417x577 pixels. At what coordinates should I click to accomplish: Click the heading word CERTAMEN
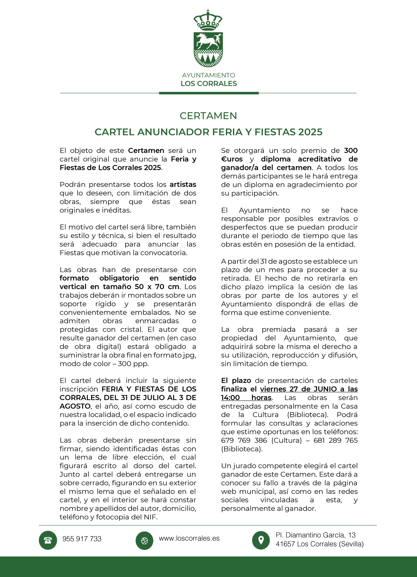tap(208, 116)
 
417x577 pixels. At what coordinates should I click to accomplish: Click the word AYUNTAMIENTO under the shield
tap(208, 75)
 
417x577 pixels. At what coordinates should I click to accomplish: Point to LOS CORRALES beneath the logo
tap(208, 84)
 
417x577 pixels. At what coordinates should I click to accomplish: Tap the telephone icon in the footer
tap(48, 540)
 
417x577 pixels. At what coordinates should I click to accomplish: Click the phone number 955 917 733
tap(82, 539)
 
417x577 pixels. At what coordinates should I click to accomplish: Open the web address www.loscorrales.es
tap(189, 538)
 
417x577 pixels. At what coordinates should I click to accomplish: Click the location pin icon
tap(261, 540)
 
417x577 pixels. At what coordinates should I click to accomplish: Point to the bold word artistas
tap(183, 184)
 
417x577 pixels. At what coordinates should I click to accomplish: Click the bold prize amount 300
tap(351, 151)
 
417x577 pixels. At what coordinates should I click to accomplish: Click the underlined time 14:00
tap(230, 398)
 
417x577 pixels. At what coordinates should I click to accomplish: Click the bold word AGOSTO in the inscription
tap(75, 406)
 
